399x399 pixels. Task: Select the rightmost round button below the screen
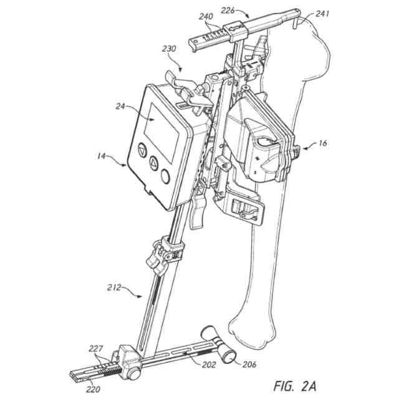click(x=165, y=176)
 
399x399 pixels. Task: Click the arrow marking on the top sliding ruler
click(x=236, y=28)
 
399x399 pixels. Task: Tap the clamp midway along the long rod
click(x=166, y=253)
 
